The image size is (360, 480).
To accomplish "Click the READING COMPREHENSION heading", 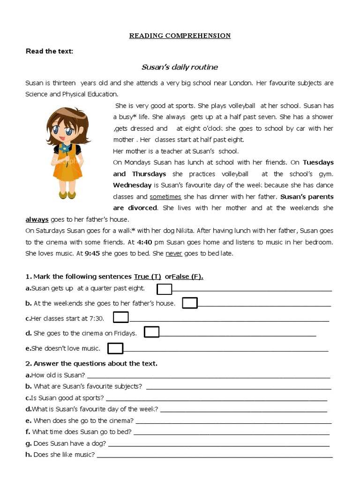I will click(x=180, y=36).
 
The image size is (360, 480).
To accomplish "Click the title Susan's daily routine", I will click(x=180, y=67).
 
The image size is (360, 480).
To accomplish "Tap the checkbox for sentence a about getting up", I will click(x=165, y=289).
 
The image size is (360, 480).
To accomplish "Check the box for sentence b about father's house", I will click(x=190, y=303).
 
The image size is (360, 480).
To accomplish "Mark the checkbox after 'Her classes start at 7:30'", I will click(x=121, y=318).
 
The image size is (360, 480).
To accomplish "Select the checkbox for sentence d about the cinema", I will click(x=151, y=332).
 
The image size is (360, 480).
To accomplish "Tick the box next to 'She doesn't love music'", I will click(x=115, y=348).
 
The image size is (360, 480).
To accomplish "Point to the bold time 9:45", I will click(x=93, y=254).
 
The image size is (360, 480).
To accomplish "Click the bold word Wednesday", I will click(x=132, y=185).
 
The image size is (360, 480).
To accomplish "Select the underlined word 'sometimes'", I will click(x=165, y=197).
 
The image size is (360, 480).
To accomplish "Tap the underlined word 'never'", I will click(x=173, y=254).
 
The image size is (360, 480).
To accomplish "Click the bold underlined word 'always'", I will click(x=37, y=219).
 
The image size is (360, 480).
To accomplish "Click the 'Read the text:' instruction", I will click(x=49, y=51).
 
